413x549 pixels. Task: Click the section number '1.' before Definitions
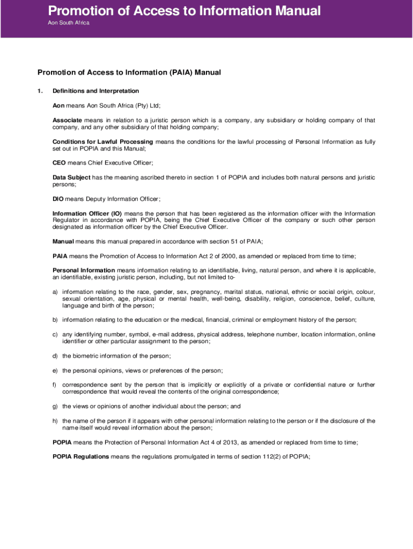coord(40,91)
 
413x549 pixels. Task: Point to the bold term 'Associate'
coord(67,120)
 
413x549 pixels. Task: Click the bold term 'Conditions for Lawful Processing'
coord(102,142)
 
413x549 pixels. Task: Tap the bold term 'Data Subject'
coord(71,177)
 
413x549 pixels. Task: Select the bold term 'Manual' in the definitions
coord(63,242)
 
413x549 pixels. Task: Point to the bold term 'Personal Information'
coord(84,270)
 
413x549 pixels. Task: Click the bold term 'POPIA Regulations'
coord(80,456)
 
